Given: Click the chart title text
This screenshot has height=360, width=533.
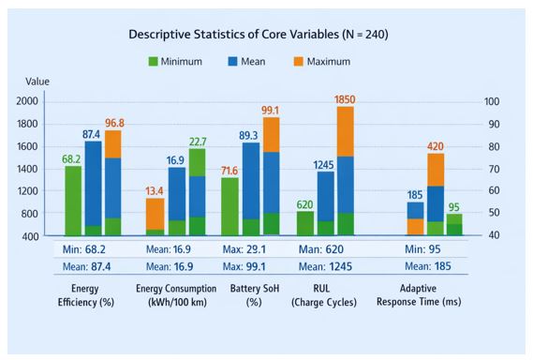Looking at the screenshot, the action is point(259,35).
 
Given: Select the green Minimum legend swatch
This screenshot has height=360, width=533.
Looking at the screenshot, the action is point(154,62).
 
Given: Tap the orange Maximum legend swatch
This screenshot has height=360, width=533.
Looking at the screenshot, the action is point(299,62).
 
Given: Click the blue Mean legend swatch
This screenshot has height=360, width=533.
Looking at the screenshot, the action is point(233,62).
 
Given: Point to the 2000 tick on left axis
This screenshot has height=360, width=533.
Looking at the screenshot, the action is point(27,101).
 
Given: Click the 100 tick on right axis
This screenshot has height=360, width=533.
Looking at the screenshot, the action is point(492,101).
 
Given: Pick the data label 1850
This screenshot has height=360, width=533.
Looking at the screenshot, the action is point(345,99).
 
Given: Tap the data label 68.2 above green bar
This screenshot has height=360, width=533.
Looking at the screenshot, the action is point(71,159).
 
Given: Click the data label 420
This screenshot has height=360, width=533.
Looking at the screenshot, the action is point(435,146).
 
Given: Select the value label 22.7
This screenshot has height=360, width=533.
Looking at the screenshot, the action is point(198,142).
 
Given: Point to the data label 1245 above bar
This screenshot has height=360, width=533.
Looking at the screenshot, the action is point(323,165).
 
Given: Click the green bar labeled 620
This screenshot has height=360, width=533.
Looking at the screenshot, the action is point(305,223).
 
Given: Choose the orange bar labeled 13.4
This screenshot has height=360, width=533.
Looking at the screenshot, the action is point(155,215).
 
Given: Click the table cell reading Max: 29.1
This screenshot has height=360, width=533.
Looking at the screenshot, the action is point(244,249).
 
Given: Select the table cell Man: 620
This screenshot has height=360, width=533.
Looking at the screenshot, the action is point(321,249).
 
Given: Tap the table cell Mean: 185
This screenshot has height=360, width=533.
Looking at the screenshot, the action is point(428,266).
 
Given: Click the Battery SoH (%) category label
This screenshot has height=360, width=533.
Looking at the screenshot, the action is point(255,295).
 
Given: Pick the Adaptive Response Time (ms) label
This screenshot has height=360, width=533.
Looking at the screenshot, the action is point(419,295).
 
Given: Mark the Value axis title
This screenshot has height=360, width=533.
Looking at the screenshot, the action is point(37,82).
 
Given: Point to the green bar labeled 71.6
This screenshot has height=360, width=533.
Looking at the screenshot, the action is point(229,206).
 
